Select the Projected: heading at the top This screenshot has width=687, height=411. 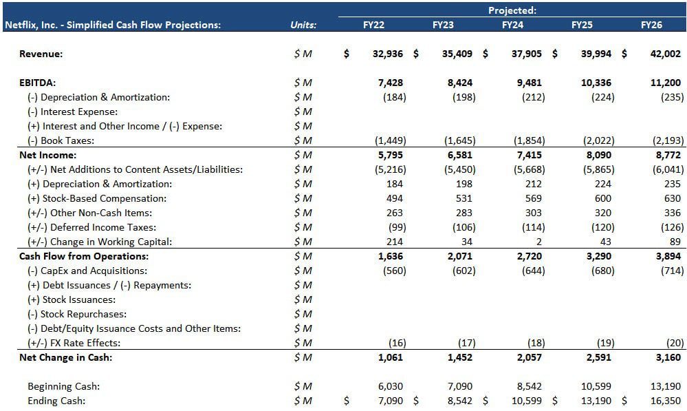512,10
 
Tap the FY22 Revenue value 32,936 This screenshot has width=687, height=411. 387,54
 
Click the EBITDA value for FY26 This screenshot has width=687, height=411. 665,83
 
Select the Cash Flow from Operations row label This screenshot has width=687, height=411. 84,256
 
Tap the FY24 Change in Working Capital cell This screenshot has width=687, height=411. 538,242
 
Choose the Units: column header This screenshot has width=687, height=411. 303,25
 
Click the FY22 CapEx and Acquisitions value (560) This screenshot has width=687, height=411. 393,271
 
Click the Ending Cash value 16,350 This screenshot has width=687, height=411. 665,401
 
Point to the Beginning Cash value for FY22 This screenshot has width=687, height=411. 391,386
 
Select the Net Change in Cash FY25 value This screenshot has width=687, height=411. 597,357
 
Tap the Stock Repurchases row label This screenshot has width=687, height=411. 78,314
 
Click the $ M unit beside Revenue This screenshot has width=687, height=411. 303,54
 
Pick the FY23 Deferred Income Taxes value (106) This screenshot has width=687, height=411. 461,227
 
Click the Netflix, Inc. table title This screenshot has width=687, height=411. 113,25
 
